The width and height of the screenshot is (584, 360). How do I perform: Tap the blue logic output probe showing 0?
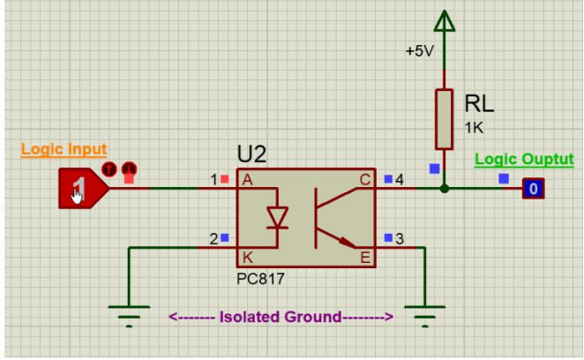(533, 189)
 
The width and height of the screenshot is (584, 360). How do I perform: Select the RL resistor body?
(444, 119)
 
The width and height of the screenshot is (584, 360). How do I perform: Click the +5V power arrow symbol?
(445, 21)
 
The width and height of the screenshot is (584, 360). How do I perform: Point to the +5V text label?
(420, 51)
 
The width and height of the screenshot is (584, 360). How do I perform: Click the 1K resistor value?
(474, 128)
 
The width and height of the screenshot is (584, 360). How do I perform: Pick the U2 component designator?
(251, 154)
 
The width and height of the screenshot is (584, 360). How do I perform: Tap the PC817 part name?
(260, 279)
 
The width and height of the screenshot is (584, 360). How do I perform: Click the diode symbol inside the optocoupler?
(278, 218)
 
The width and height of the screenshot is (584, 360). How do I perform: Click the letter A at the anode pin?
(247, 180)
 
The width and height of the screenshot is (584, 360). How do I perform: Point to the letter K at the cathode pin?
(247, 258)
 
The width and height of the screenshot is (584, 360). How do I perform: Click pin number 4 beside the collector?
(400, 180)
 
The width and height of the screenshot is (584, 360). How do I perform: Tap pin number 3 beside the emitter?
(400, 239)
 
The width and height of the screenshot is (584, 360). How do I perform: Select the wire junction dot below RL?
(444, 189)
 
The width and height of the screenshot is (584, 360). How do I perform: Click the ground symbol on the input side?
(129, 317)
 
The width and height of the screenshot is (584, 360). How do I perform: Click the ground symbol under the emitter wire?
(424, 317)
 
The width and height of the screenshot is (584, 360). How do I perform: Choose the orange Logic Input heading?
(64, 149)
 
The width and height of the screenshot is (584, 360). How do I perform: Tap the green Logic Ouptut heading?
(524, 160)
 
